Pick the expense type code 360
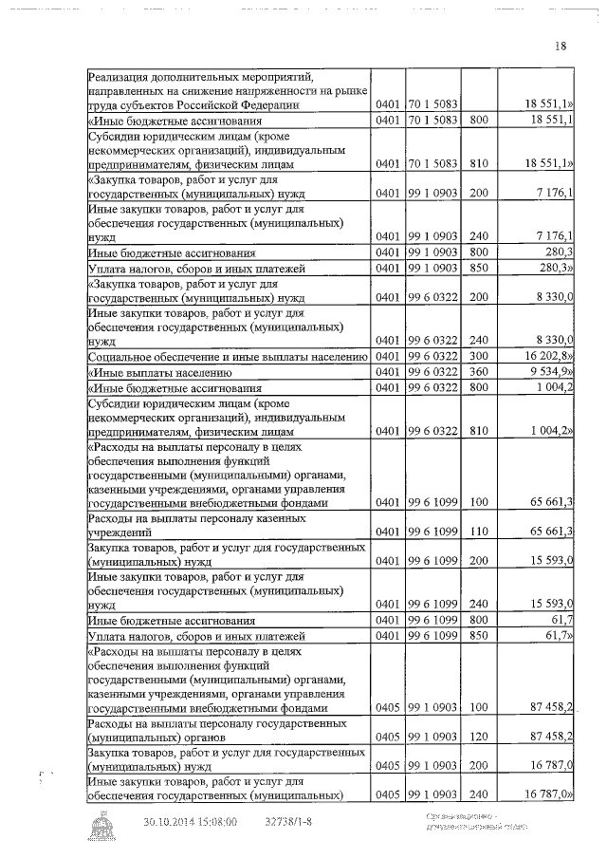pyautogui.click(x=478, y=372)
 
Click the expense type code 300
pyautogui.click(x=478, y=357)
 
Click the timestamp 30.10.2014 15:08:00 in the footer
pyautogui.click(x=190, y=822)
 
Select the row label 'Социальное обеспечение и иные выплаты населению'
pyautogui.click(x=227, y=357)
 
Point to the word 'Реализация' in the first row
pyautogui.click(x=121, y=78)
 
